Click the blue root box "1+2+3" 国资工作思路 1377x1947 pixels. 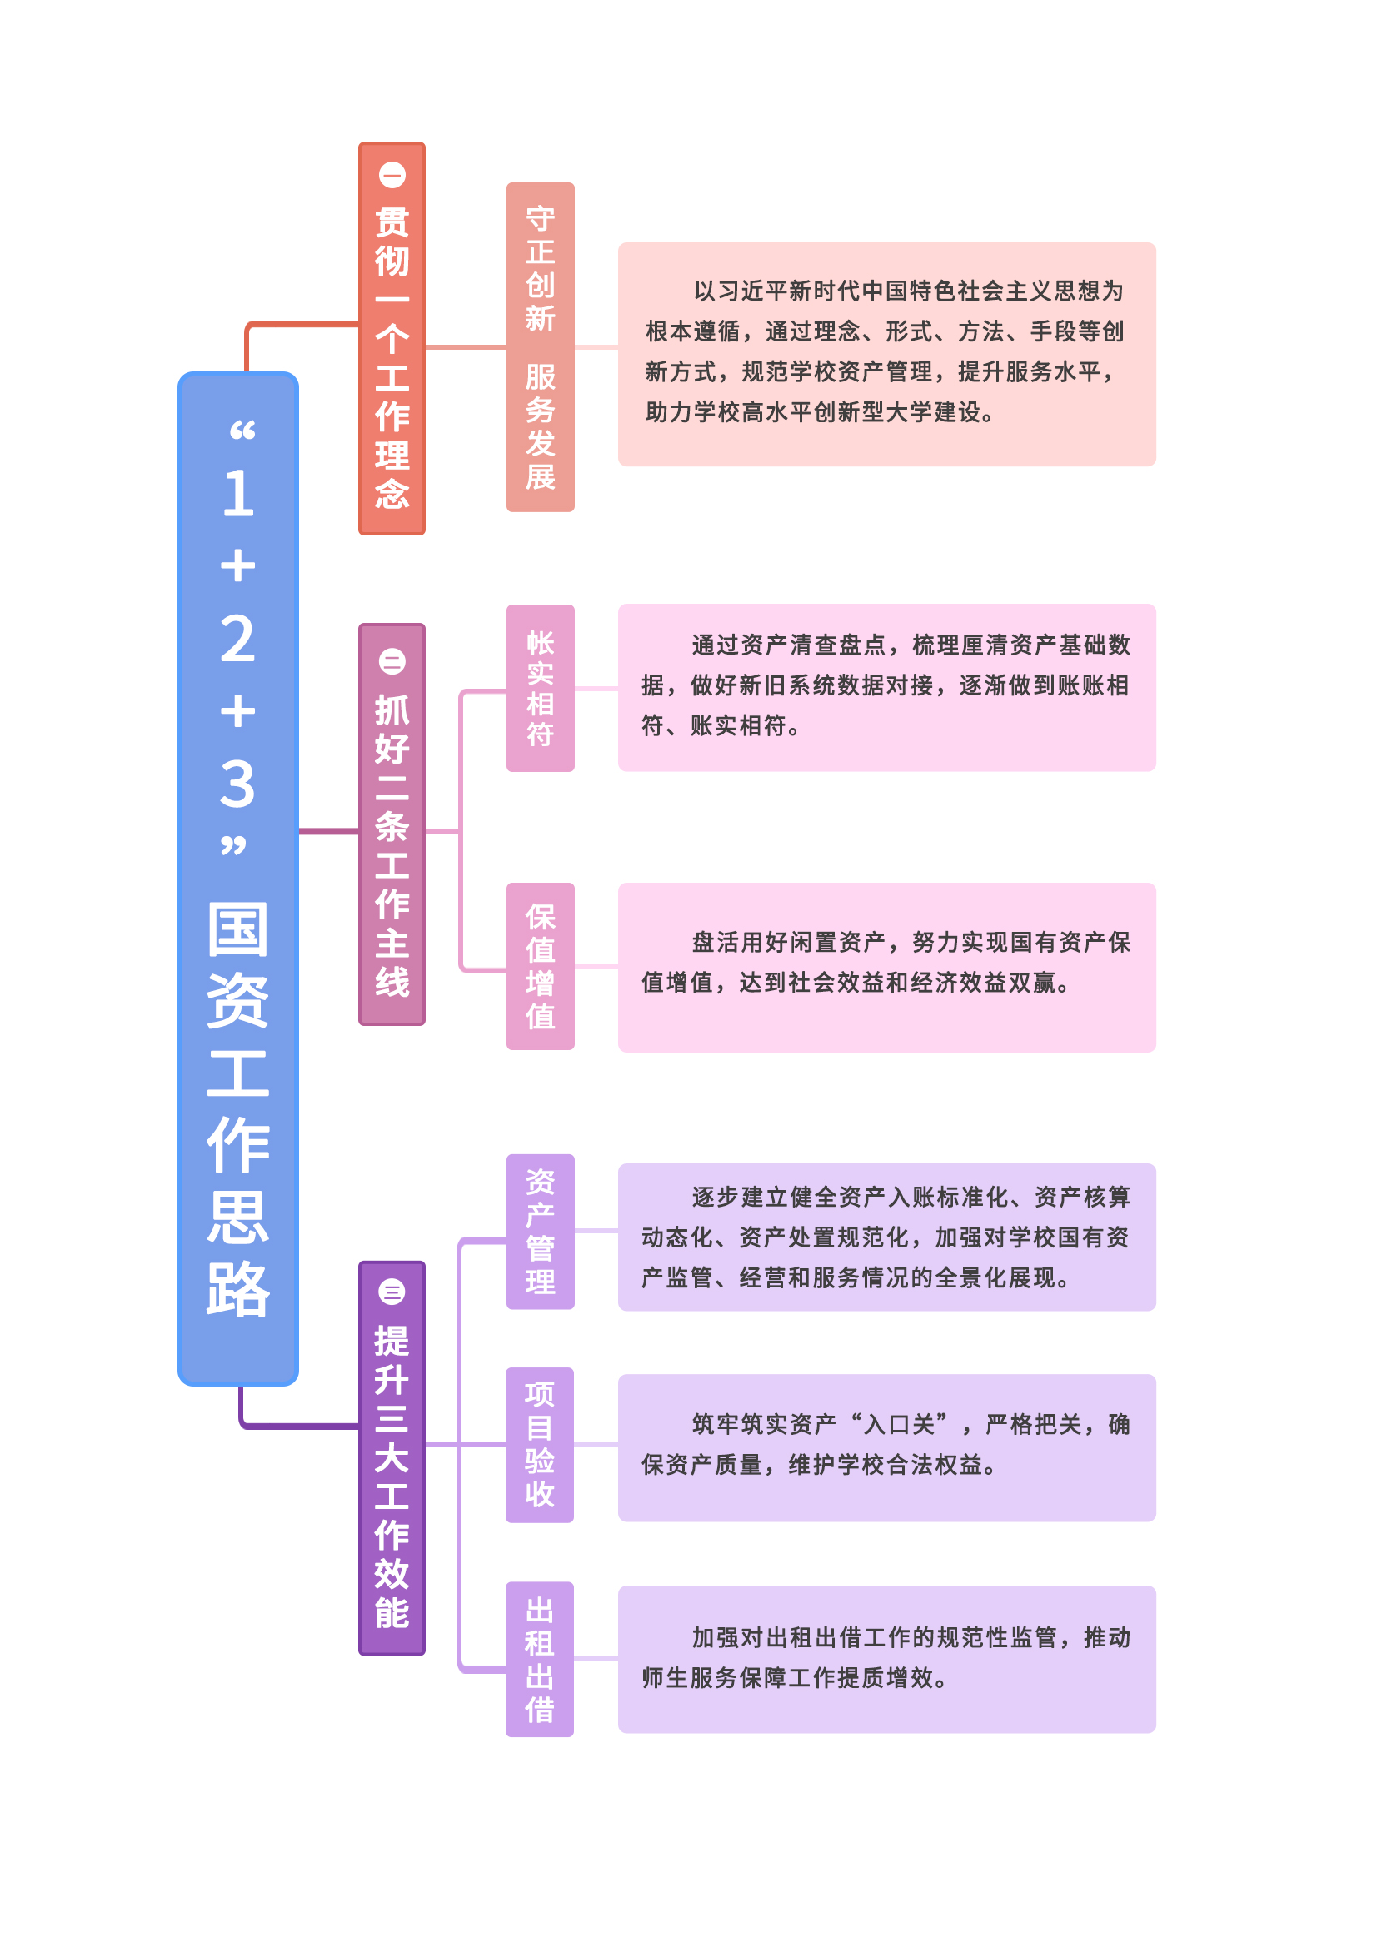pyautogui.click(x=237, y=879)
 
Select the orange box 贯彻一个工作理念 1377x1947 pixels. pyautogui.click(x=392, y=338)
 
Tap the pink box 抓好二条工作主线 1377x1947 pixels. pyautogui.click(x=392, y=824)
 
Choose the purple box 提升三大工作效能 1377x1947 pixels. pyautogui.click(x=392, y=1457)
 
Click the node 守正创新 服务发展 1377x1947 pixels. pyautogui.click(x=541, y=346)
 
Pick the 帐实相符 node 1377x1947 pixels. pyautogui.click(x=541, y=688)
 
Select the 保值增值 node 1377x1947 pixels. pyautogui.click(x=541, y=966)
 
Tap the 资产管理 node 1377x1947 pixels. pyautogui.click(x=541, y=1232)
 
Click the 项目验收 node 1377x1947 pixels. pyautogui.click(x=540, y=1445)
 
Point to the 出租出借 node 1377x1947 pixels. pyautogui.click(x=540, y=1659)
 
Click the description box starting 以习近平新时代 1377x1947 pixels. pyautogui.click(x=886, y=354)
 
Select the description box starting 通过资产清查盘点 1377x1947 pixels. pyautogui.click(x=886, y=687)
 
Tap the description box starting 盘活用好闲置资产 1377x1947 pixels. pyautogui.click(x=886, y=968)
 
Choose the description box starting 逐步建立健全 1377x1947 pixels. pyautogui.click(x=886, y=1237)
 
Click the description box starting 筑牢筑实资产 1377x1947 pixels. pyautogui.click(x=886, y=1447)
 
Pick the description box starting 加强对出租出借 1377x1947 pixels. pyautogui.click(x=886, y=1659)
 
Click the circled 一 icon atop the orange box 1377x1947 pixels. pyautogui.click(x=392, y=176)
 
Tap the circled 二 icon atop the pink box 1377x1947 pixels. pyautogui.click(x=392, y=661)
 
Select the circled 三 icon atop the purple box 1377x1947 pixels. pyautogui.click(x=392, y=1292)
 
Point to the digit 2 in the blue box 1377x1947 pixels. pyautogui.click(x=237, y=639)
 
